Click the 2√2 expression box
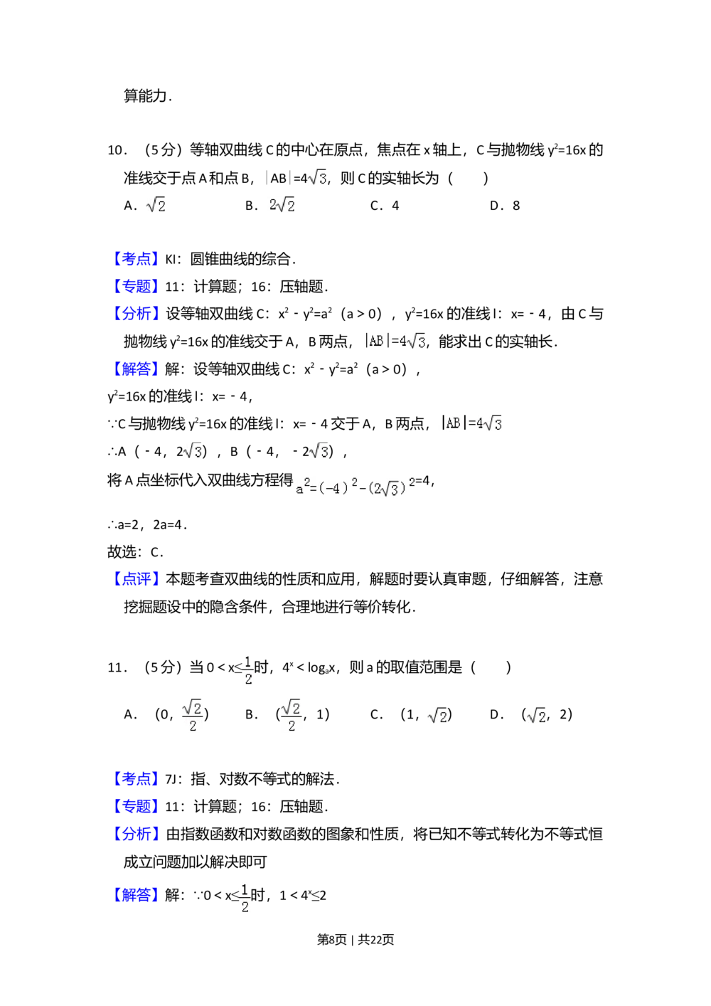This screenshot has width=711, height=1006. pos(279,206)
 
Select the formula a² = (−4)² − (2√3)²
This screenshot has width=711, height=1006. pos(355,487)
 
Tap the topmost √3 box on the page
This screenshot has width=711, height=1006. pos(318,176)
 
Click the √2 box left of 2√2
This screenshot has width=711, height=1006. pos(154,206)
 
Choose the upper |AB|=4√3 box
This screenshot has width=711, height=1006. pos(392,341)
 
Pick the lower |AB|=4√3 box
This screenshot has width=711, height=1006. pos(472,423)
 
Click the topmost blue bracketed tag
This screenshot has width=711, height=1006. pos(136,259)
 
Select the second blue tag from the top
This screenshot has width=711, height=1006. pos(136,287)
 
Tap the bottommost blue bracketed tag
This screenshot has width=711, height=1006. pos(136,894)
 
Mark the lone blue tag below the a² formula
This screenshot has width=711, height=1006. pos(136,578)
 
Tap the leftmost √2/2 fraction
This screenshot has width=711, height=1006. pos(191,715)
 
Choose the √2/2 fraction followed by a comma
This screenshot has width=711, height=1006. pos(292,715)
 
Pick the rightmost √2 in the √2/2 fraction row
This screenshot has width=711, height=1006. pos(535,716)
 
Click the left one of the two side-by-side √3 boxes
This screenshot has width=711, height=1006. pos(193,450)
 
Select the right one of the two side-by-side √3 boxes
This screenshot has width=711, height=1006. pos(319,450)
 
